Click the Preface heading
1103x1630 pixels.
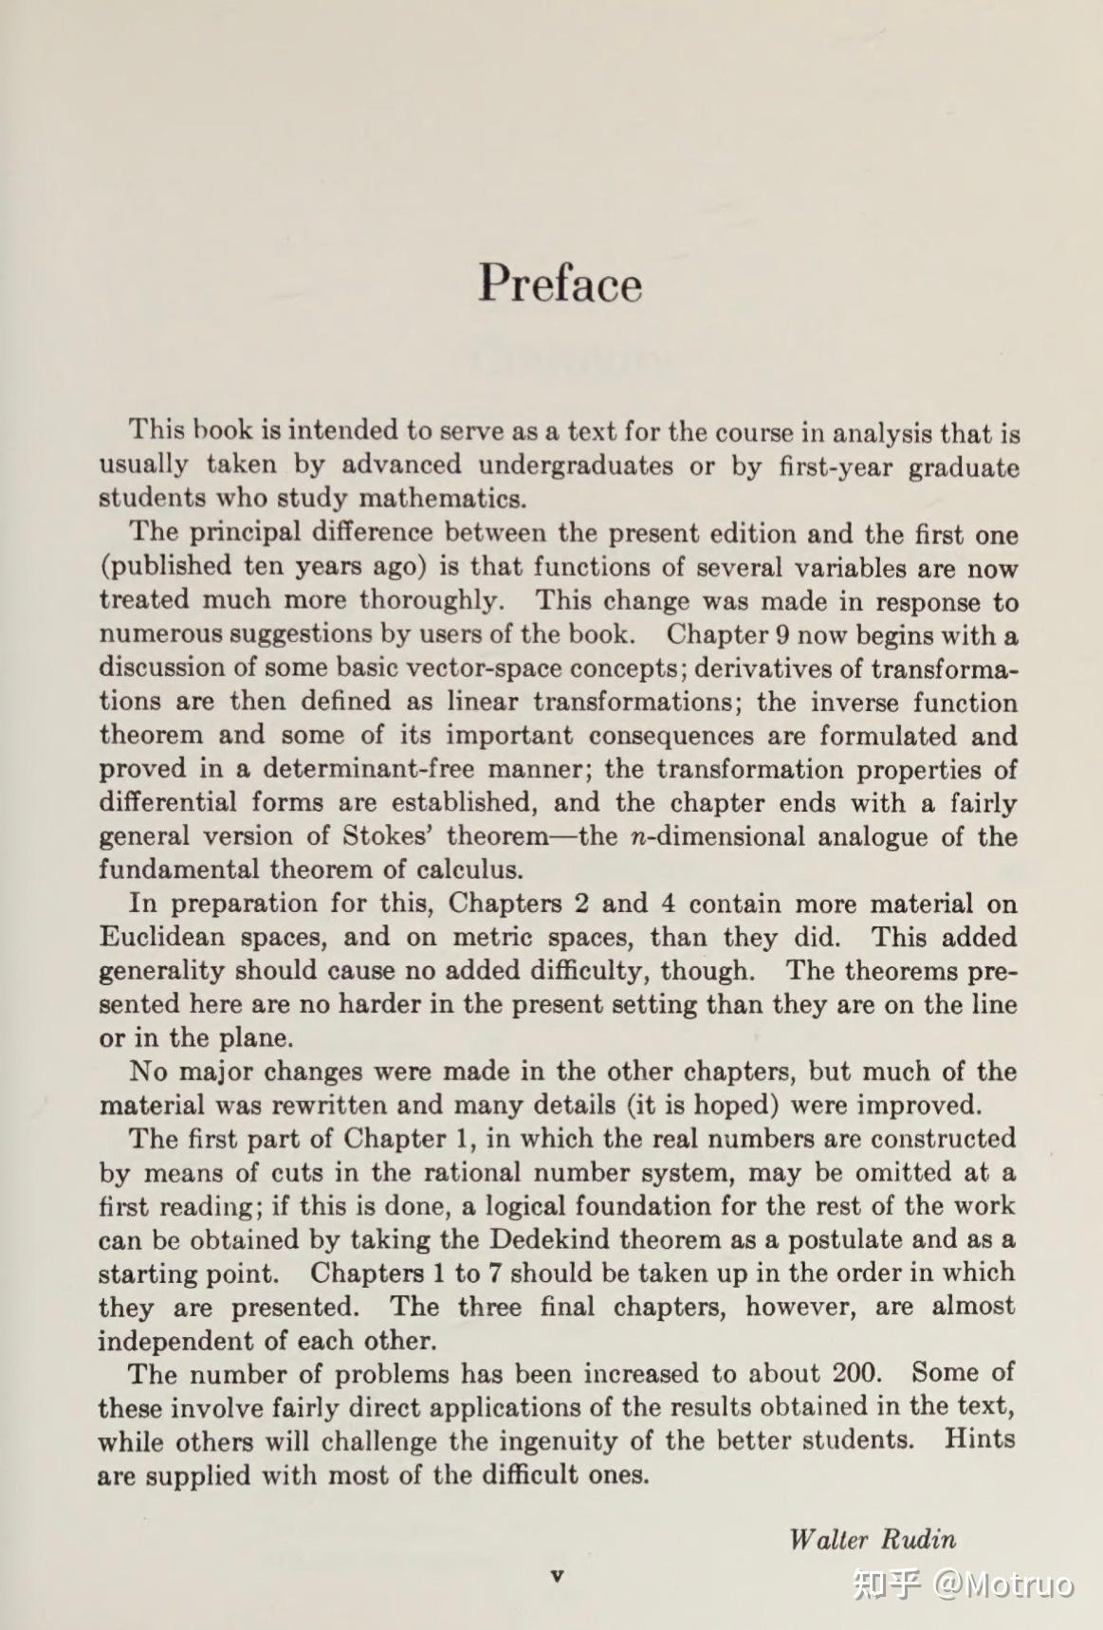(x=560, y=283)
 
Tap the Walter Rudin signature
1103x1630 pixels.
(x=872, y=1538)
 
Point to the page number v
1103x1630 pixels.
(x=557, y=1575)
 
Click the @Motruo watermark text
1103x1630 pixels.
(x=1004, y=1584)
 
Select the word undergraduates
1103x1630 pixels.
(x=576, y=466)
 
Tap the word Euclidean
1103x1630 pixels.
(x=161, y=937)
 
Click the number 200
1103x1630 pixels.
(x=856, y=1373)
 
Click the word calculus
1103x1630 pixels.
(x=469, y=870)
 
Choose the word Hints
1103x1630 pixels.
(x=979, y=1439)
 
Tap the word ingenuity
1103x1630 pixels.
(x=559, y=1441)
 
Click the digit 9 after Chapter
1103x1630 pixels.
(x=782, y=634)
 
